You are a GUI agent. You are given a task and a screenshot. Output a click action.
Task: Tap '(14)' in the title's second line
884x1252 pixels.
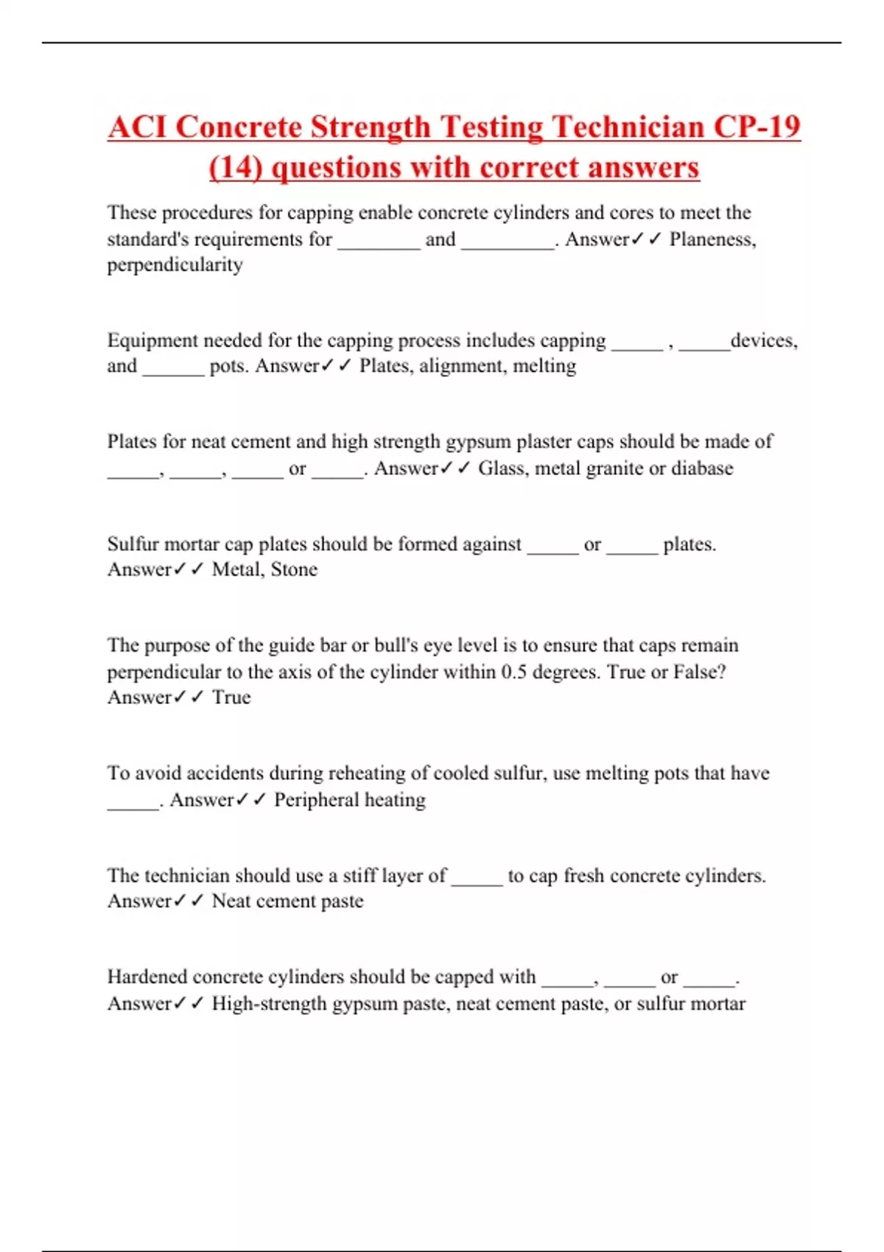236,167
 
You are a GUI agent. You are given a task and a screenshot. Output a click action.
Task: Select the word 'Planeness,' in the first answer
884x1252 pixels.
712,239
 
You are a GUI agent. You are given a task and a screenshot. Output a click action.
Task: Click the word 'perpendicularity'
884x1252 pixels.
175,265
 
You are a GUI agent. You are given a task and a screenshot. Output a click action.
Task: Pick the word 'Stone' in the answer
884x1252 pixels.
294,569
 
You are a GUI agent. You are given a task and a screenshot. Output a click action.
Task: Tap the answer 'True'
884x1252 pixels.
231,697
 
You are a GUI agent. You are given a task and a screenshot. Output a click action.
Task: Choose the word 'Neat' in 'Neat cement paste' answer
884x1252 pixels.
230,901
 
